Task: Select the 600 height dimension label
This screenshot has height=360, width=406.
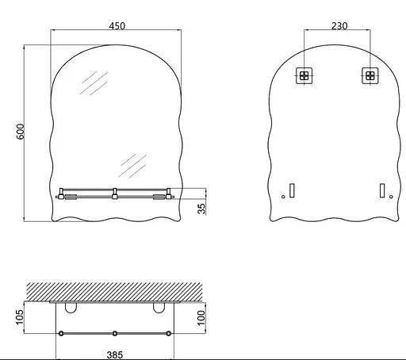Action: [x=21, y=132]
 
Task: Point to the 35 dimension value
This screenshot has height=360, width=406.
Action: [x=201, y=208]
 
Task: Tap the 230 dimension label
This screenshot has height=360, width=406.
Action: [x=339, y=25]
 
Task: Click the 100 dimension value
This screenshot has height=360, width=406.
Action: [x=201, y=317]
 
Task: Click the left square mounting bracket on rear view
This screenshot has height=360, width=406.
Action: [x=304, y=76]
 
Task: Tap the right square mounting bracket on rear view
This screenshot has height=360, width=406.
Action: [x=370, y=76]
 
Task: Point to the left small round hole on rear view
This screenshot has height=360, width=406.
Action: [x=283, y=196]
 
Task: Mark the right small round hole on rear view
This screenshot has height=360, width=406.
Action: [x=391, y=196]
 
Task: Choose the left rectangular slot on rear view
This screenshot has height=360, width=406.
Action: [x=292, y=190]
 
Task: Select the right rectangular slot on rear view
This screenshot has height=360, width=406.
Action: [x=382, y=190]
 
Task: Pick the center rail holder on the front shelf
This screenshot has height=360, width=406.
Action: [x=115, y=193]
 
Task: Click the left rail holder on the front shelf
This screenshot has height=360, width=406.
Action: [x=62, y=193]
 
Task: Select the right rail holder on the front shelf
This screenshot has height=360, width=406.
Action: [x=167, y=193]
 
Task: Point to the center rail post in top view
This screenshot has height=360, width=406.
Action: [x=115, y=333]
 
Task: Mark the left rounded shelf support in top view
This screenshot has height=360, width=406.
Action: [x=71, y=307]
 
